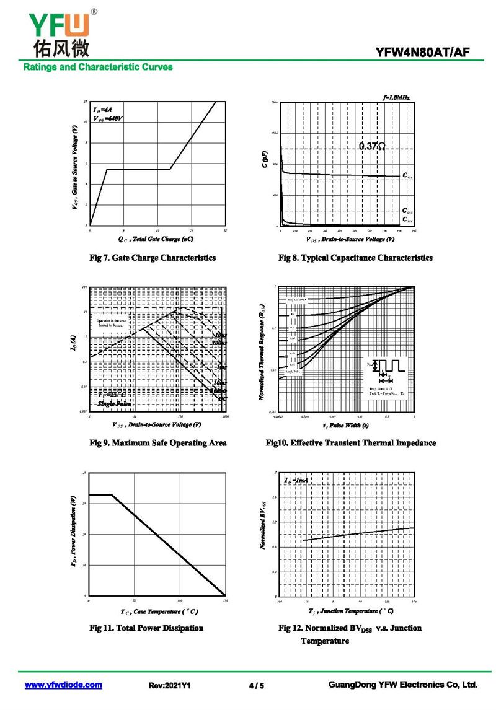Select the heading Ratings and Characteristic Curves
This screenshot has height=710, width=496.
pos(98,67)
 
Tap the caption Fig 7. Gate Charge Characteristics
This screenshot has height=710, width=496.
pos(153,258)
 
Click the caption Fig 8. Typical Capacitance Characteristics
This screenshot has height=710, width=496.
pos(355,258)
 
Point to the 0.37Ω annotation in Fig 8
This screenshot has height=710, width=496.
pos(372,147)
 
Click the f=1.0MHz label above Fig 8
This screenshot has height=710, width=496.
pos(396,97)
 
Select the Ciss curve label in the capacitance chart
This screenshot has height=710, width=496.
pos(407,177)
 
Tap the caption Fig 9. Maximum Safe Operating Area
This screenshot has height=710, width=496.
pos(158,443)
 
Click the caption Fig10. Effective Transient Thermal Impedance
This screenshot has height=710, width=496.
pos(350,443)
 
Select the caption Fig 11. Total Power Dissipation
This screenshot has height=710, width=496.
pos(146,628)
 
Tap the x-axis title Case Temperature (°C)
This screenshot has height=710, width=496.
pos(159,611)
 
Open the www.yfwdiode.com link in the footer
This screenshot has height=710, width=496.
pos(63,685)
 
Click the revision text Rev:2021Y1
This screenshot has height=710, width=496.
pos(169,686)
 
